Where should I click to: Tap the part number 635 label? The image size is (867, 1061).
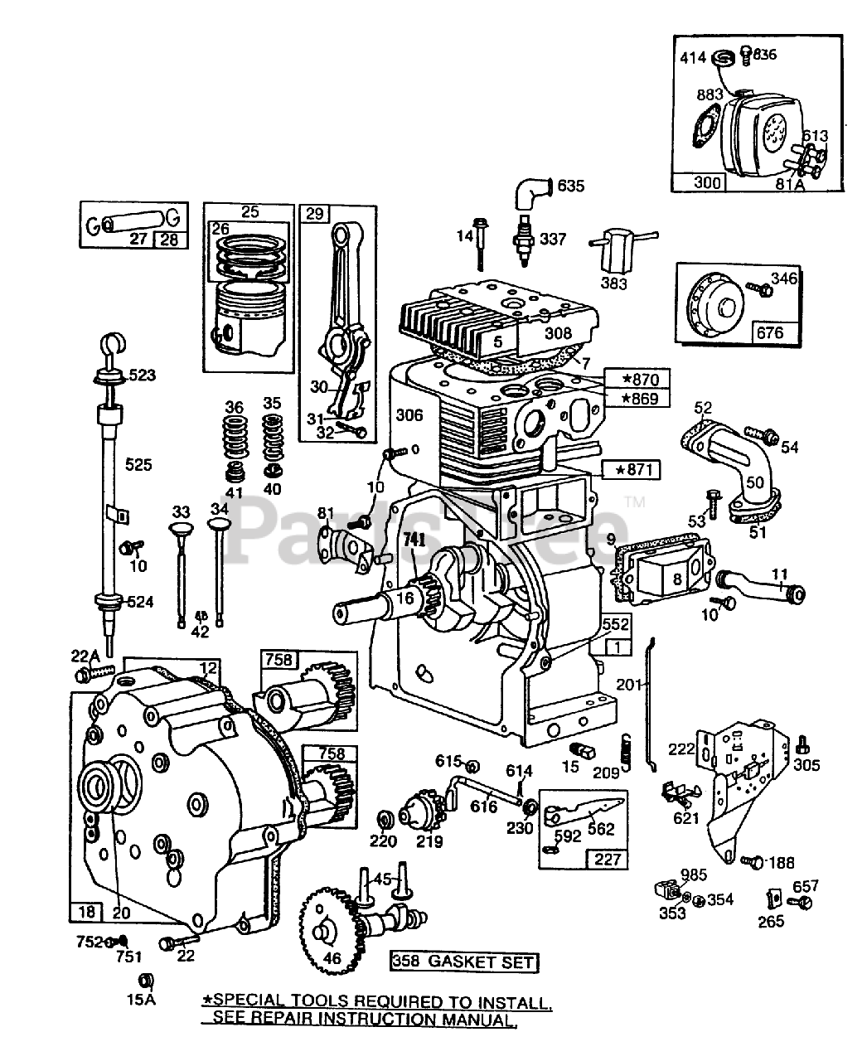(571, 187)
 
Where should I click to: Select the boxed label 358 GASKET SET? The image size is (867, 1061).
(464, 962)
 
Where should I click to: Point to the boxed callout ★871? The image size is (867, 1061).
(632, 470)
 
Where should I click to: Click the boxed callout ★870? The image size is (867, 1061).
(637, 379)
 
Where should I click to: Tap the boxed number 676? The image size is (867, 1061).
(770, 332)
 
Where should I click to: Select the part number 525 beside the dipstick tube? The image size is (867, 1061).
(138, 464)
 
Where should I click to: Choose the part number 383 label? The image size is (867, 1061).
(614, 283)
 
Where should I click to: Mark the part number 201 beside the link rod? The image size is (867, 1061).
(629, 685)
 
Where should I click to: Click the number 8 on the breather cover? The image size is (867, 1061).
(678, 579)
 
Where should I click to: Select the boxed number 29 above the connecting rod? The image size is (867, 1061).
(314, 214)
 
